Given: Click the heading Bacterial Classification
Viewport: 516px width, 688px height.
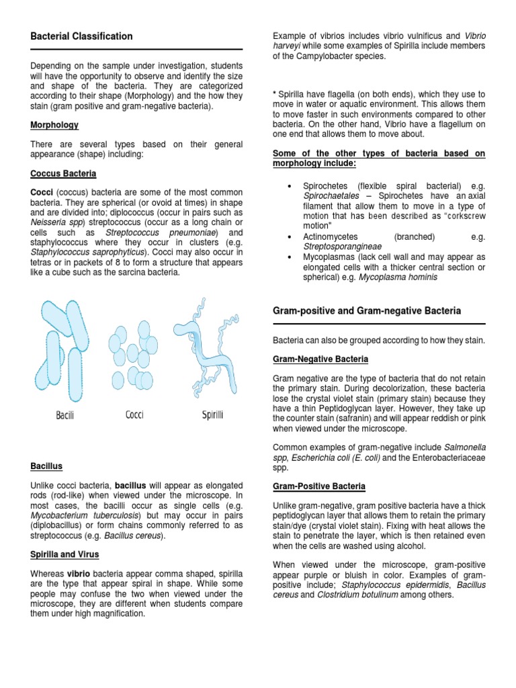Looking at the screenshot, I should pyautogui.click(x=81, y=36).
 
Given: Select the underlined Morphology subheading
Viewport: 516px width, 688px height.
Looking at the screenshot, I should pyautogui.click(x=54, y=125).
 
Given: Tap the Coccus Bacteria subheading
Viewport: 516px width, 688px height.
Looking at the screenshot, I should pyautogui.click(x=63, y=173).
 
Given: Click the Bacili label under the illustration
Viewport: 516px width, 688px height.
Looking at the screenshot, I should pyautogui.click(x=65, y=416).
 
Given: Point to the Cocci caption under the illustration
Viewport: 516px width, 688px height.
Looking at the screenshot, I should pyautogui.click(x=134, y=415).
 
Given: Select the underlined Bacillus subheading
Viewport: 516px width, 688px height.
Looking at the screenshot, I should pyautogui.click(x=47, y=465).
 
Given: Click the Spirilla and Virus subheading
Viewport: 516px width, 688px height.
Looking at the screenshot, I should pyautogui.click(x=64, y=554).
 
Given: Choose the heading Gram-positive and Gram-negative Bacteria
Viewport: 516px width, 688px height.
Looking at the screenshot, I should pyautogui.click(x=366, y=311).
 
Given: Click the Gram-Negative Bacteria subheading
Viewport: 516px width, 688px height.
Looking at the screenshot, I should pyautogui.click(x=320, y=359).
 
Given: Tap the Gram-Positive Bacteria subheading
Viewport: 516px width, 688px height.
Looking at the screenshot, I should pyautogui.click(x=318, y=486).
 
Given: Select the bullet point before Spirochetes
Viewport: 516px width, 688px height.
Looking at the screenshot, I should pyautogui.click(x=288, y=185).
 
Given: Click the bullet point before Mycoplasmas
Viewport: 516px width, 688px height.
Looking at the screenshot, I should pyautogui.click(x=288, y=257).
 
